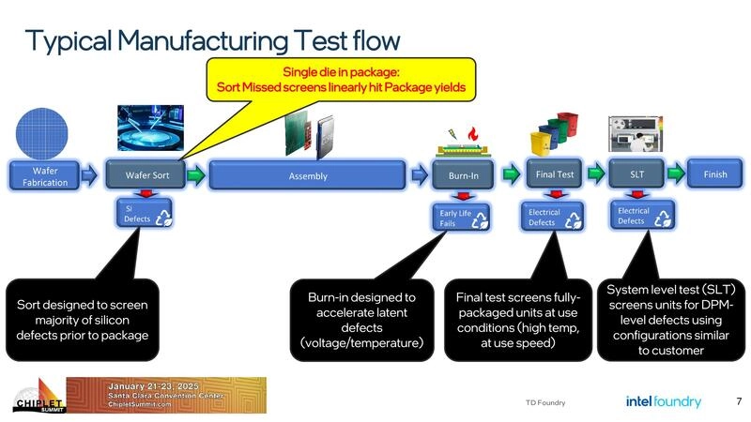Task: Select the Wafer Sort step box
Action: coord(147,175)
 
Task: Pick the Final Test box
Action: coord(556,174)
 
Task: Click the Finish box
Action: coord(714,174)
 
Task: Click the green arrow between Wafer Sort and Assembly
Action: coord(194,175)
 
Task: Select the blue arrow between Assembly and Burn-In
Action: coord(420,175)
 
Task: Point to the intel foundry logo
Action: coord(663,401)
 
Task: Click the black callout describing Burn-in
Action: coord(361,319)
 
